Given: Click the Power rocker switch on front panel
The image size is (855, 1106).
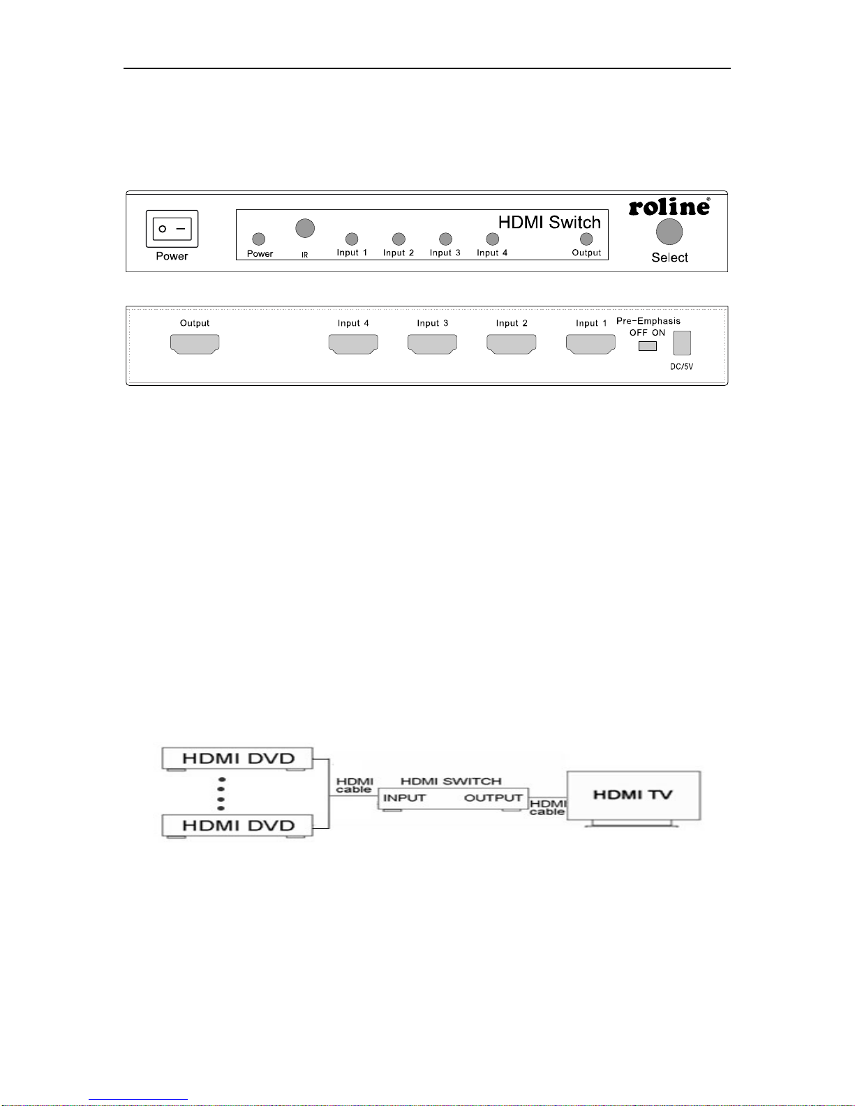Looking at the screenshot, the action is tap(172, 229).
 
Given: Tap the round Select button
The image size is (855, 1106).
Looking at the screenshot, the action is tap(669, 232).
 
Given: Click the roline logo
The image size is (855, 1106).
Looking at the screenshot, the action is tap(669, 207).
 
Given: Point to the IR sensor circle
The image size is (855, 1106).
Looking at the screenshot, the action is tap(305, 228).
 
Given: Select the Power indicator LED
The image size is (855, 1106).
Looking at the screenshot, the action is tap(259, 239).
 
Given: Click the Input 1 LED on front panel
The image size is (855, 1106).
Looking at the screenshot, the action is tap(352, 239).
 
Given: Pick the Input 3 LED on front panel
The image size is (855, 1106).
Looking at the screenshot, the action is tap(445, 239).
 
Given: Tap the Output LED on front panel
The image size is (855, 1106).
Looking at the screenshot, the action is tap(586, 239).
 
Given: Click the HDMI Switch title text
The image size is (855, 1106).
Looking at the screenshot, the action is tap(549, 222).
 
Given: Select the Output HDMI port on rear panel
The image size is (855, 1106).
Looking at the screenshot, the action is tap(195, 343).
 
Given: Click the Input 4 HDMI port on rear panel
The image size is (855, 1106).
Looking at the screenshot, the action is tap(353, 343).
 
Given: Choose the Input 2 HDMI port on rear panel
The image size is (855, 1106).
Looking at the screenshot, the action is tap(512, 343).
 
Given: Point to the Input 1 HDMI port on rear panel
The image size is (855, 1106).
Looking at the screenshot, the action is tap(590, 343).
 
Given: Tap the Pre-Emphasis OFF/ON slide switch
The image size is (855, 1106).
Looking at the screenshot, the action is tap(648, 346).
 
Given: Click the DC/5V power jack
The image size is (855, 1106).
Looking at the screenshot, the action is tap(682, 343).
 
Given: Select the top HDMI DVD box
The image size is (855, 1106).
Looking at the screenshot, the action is tap(237, 758).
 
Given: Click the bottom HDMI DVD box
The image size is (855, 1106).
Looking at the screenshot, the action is tap(237, 825).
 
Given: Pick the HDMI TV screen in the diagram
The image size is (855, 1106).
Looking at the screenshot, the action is tap(633, 795).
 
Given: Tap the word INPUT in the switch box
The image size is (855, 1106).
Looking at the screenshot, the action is tap(404, 798).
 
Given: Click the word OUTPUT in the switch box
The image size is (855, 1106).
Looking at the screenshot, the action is tap(493, 798).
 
